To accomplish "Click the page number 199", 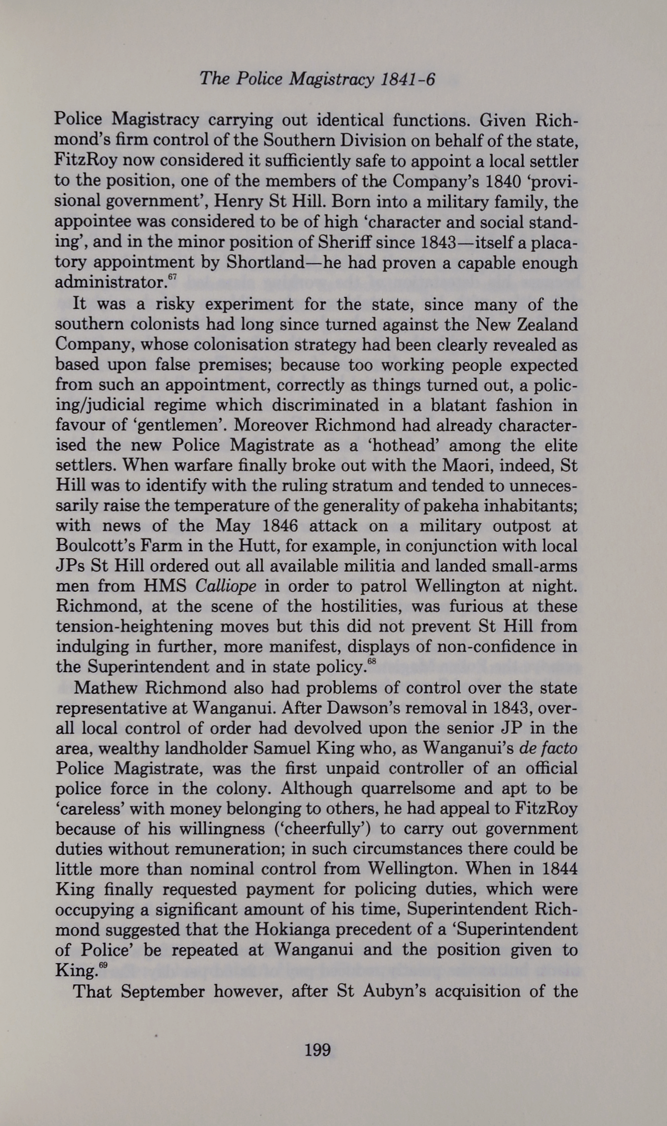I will [x=318, y=1050].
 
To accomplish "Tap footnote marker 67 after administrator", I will [x=173, y=277].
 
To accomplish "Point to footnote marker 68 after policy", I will [x=372, y=662].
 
